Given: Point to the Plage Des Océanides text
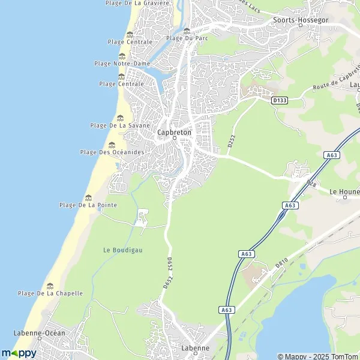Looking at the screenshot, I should [x=112, y=152].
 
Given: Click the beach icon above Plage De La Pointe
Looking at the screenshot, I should [x=89, y=197].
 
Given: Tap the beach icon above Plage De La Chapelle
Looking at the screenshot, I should [x=50, y=286].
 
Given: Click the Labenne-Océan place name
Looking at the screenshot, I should [x=39, y=332].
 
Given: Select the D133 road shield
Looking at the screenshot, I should [x=280, y=100].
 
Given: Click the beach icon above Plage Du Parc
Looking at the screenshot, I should [x=187, y=31].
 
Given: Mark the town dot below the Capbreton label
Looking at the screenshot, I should [x=175, y=138].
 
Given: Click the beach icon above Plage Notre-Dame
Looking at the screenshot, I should [x=122, y=56].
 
